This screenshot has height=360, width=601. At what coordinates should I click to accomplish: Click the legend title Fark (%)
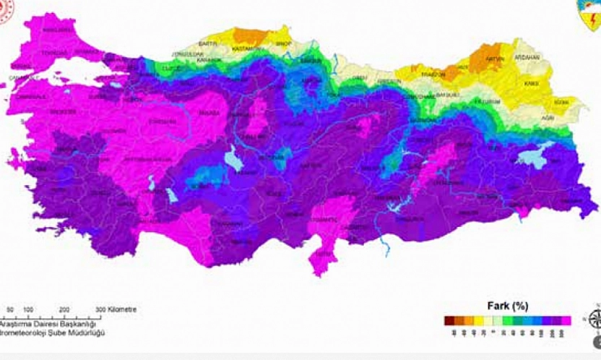510,306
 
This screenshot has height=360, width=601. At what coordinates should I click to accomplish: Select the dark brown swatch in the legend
449,320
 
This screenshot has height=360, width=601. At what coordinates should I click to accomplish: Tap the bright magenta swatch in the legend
566,320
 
